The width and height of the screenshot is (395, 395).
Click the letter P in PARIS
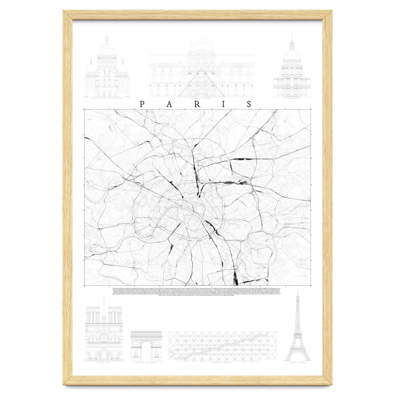(x=142, y=104)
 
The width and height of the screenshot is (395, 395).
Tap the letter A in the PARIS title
(x=169, y=104)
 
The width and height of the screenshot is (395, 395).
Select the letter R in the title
(x=196, y=104)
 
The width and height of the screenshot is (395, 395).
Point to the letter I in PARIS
(x=223, y=104)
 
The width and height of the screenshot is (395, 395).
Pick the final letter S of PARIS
(x=249, y=104)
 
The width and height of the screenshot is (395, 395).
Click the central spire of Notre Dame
(x=104, y=304)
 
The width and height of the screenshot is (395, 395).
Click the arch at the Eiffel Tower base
(x=298, y=357)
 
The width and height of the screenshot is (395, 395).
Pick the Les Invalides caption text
(x=292, y=98)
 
